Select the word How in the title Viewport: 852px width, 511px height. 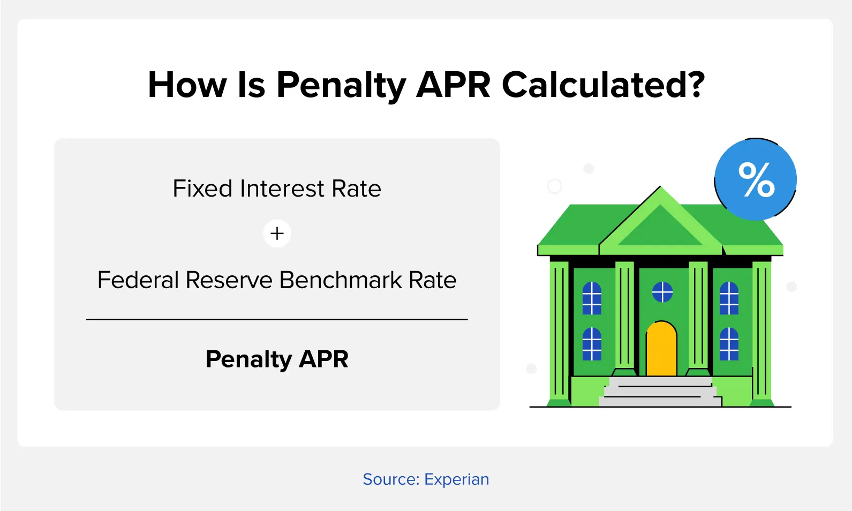pos(187,85)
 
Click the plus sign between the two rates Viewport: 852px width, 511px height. pos(277,233)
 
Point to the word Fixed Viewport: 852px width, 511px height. pos(202,189)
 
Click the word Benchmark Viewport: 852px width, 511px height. pos(341,280)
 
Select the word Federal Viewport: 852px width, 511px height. pos(138,280)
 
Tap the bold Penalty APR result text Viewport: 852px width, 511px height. pos(277,359)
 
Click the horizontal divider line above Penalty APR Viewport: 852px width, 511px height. pos(277,319)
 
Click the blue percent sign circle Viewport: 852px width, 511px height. pos(756,179)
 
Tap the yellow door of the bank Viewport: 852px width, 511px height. pos(661,349)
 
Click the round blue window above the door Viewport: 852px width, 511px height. pos(662,292)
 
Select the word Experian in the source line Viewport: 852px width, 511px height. pos(456,479)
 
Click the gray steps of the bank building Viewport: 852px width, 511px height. pos(660,392)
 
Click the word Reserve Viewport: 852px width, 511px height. pos(229,280)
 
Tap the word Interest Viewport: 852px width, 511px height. pos(282,189)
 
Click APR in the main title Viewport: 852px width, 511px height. pos(454,85)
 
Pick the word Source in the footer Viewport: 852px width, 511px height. pos(391,479)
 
